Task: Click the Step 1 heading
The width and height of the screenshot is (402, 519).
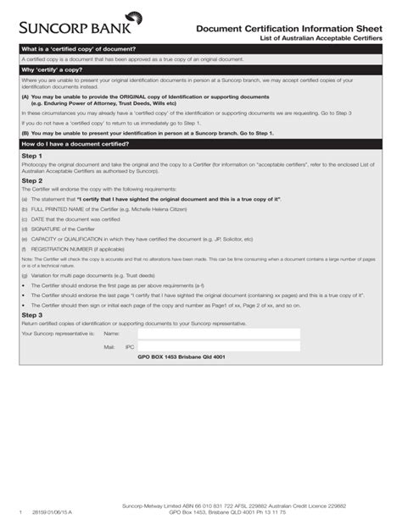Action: click(31, 157)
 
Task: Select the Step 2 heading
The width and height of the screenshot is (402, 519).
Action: click(31, 180)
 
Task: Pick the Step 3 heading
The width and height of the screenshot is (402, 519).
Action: click(31, 314)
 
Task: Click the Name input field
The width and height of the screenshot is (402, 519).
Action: click(218, 334)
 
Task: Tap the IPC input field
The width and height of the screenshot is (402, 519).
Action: click(218, 346)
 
